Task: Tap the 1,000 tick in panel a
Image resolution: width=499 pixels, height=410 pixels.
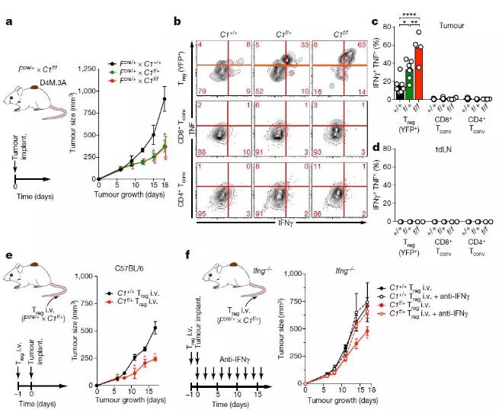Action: click(85, 91)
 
